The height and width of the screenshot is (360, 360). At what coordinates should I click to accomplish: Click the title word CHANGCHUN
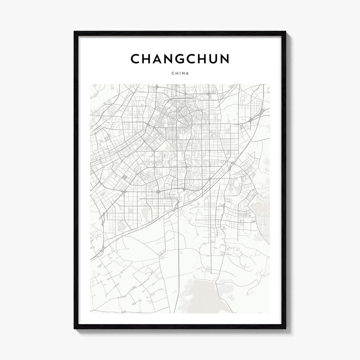click(180, 59)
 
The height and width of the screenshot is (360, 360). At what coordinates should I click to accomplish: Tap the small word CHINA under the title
click(180, 73)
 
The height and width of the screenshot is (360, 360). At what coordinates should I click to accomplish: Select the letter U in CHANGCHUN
click(212, 59)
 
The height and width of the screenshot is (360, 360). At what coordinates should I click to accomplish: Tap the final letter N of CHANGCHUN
click(224, 59)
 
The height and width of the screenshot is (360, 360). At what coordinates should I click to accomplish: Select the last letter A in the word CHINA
click(187, 73)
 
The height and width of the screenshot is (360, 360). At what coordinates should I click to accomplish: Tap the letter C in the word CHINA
click(172, 73)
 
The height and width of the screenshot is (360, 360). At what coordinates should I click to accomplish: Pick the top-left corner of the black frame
click(75, 32)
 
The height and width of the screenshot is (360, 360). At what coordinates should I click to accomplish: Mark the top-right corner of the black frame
click(285, 32)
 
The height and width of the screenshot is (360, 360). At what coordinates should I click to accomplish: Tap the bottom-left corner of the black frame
click(75, 328)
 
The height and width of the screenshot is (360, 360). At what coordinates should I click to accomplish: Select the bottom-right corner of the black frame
click(285, 328)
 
